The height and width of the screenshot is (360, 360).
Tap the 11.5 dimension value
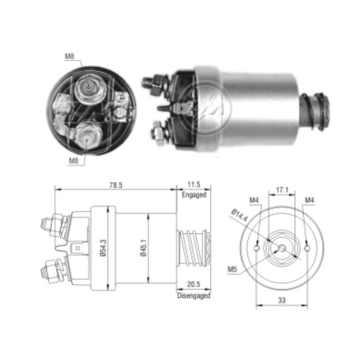coord(193,184)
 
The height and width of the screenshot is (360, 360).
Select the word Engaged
coord(194,195)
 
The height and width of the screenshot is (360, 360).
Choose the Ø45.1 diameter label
coord(145,247)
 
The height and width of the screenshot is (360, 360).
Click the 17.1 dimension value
coord(282,190)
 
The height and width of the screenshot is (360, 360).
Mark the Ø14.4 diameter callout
coord(240,213)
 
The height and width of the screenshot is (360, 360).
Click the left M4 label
coord(254,200)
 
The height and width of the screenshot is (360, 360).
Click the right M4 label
coord(309,200)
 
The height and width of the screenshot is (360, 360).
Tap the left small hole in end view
coord(256,249)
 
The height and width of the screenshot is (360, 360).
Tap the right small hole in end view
coord(307,249)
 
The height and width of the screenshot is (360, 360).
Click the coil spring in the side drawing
coord(191,248)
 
